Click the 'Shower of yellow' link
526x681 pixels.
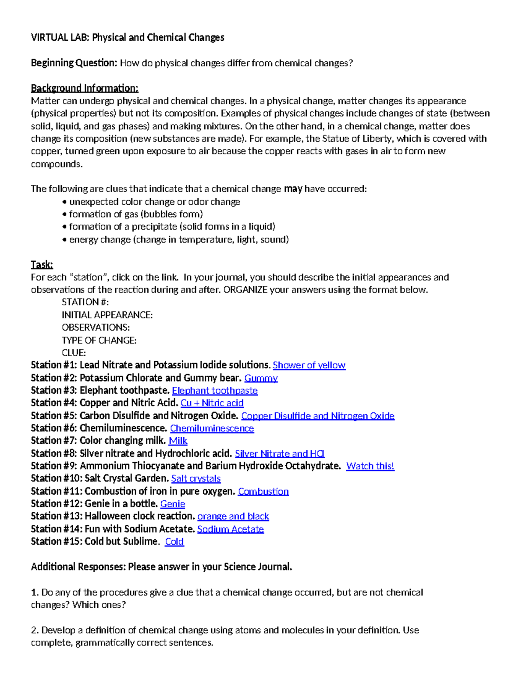click(309, 365)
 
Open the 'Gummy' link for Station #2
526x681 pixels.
click(261, 378)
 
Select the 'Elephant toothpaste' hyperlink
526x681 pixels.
click(215, 391)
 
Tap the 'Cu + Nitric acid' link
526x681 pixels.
click(212, 403)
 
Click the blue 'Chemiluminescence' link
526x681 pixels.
click(212, 428)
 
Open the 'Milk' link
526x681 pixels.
click(178, 441)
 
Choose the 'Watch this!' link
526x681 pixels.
click(370, 466)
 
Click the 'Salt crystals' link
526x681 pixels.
click(196, 478)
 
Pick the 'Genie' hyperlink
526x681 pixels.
click(173, 504)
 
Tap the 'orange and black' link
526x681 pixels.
click(233, 517)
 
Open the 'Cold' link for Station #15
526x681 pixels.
click(174, 542)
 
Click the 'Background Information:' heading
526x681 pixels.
click(84, 88)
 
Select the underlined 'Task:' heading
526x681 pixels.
click(42, 264)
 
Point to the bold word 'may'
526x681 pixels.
click(293, 189)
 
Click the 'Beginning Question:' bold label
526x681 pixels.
click(74, 63)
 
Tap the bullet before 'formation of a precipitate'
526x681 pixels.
click(65, 227)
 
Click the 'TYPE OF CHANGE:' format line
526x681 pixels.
click(99, 340)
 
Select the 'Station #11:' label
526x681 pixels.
click(56, 491)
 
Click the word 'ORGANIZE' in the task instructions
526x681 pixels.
click(245, 290)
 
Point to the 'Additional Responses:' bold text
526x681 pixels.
click(78, 567)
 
